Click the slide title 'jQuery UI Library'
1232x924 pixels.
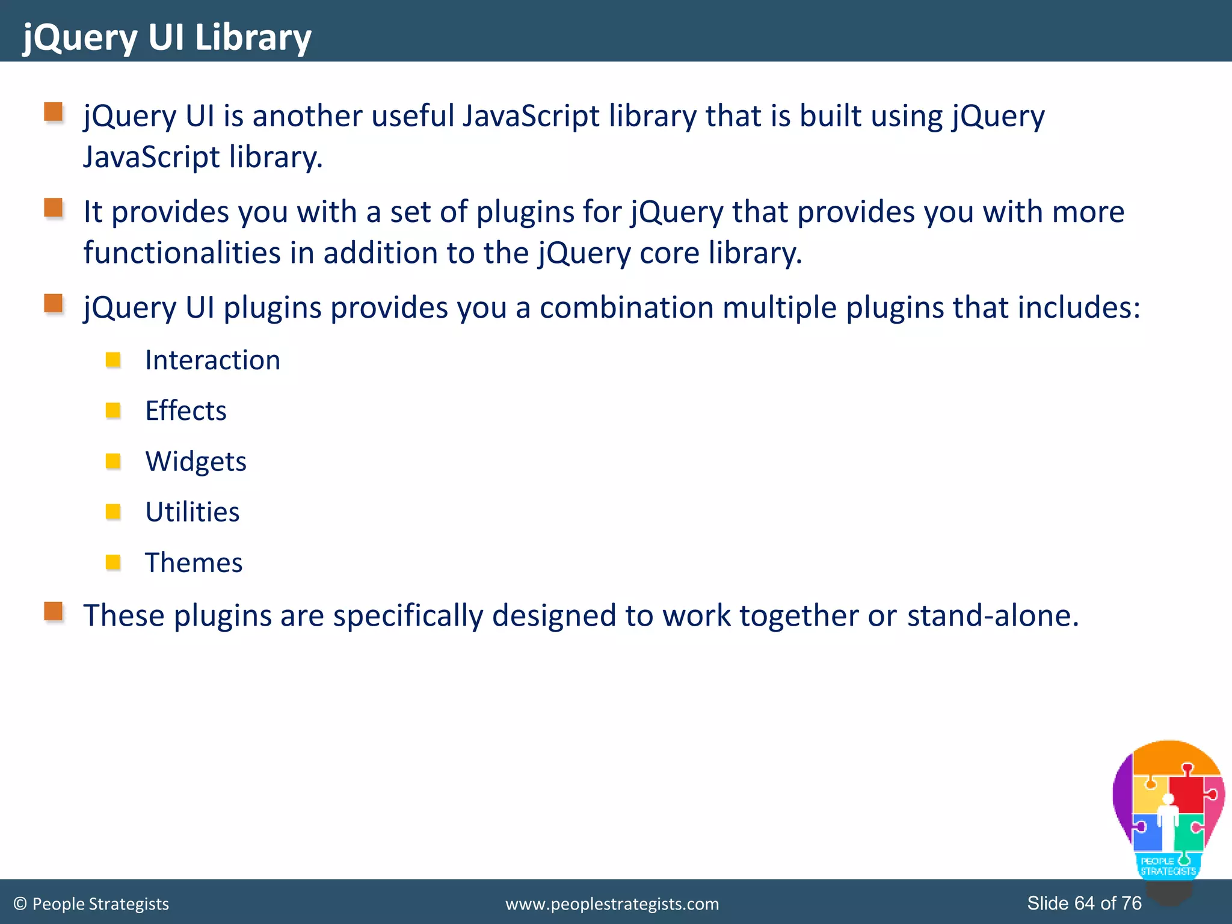[x=167, y=37]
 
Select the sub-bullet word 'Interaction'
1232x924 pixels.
[x=212, y=360]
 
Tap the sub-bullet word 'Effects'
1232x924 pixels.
[x=186, y=411]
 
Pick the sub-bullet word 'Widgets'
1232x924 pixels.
[x=196, y=461]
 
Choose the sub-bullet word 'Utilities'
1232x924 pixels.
[x=192, y=512]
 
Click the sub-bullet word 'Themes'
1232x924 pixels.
[x=194, y=562]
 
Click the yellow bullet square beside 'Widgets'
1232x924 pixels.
[x=113, y=461]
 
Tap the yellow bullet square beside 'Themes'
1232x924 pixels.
[x=113, y=562]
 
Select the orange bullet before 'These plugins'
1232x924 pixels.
[x=54, y=612]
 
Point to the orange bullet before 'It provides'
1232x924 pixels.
[x=54, y=208]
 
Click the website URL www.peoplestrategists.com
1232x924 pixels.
[x=612, y=904]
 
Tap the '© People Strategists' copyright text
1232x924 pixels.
[x=91, y=904]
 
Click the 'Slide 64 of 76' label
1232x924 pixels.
[x=1084, y=903]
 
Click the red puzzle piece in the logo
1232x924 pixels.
[x=1186, y=793]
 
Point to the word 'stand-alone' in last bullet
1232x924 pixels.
[x=993, y=615]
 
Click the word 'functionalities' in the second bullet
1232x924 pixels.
[x=182, y=253]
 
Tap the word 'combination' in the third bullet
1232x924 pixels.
[x=626, y=307]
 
